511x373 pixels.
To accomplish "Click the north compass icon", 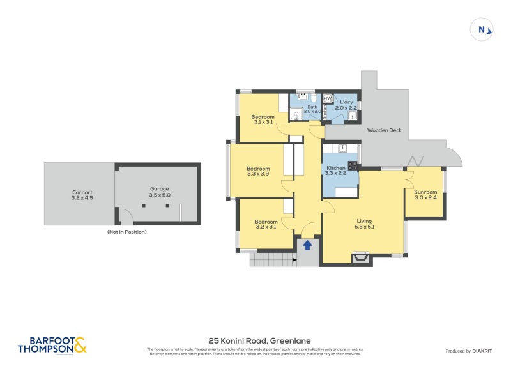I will click(483, 29).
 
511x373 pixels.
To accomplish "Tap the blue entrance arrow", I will click(307, 245).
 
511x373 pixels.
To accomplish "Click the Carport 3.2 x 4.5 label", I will click(82, 195).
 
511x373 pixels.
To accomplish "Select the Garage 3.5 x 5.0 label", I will click(159, 192).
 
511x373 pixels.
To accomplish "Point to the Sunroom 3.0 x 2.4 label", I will click(425, 194).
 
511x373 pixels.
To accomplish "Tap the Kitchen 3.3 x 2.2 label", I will click(335, 170).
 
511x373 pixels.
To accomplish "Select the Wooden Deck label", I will click(385, 130).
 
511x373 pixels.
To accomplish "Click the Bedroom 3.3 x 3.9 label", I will click(259, 172).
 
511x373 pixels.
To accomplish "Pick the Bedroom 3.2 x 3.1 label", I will click(266, 224).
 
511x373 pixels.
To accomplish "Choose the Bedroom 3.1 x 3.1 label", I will click(263, 119).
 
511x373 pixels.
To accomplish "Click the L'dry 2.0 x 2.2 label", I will click(346, 105).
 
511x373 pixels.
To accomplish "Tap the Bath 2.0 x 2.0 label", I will click(312, 109).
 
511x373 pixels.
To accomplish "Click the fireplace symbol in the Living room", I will click(361, 258).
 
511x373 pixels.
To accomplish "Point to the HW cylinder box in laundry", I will click(328, 98).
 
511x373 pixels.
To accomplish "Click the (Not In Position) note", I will click(127, 232).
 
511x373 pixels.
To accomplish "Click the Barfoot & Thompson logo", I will click(52, 345).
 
